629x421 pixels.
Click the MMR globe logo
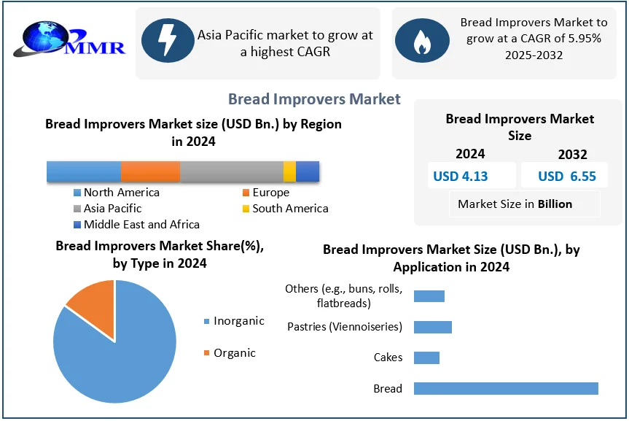click(69, 39)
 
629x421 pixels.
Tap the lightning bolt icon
click(168, 40)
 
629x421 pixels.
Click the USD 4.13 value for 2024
click(460, 176)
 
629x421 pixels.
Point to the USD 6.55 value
click(567, 176)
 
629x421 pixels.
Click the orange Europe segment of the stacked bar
click(150, 171)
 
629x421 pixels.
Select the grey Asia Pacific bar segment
click(232, 171)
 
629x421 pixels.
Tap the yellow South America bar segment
click(289, 171)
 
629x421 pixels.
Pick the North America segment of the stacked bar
click(84, 171)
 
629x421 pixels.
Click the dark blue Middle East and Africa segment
click(308, 171)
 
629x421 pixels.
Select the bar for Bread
click(506, 388)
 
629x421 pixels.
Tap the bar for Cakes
click(426, 358)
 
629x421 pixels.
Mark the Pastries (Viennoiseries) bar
click(433, 327)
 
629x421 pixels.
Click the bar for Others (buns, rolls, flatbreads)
click(429, 296)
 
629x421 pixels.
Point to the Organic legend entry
click(230, 352)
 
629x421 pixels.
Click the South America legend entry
click(286, 209)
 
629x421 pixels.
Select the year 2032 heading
click(572, 154)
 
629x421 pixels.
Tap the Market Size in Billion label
click(515, 204)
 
